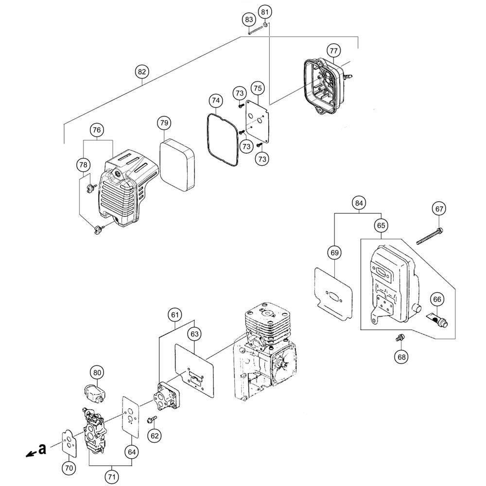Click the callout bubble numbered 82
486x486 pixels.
pos(141,72)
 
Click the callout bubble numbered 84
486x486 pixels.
pos(359,203)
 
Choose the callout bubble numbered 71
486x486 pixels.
pos(112,477)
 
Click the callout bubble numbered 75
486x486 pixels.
pos(258,88)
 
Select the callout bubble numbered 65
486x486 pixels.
pos(381,226)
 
